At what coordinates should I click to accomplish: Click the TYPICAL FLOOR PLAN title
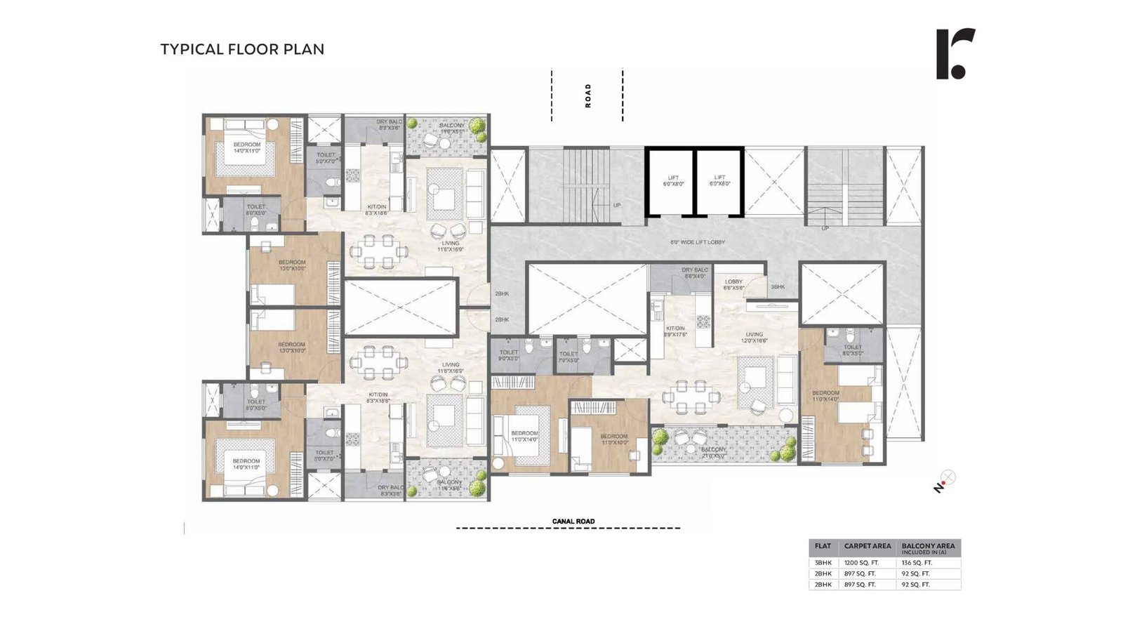tap(242, 49)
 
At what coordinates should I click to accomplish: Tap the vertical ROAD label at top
tap(588, 95)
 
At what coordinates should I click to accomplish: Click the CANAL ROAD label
tap(573, 521)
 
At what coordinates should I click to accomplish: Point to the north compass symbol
tap(945, 481)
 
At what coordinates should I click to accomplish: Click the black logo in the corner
tap(955, 54)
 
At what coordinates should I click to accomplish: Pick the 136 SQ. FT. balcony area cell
tap(917, 563)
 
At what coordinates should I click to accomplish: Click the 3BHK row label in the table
tap(823, 563)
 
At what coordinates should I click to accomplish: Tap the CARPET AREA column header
tap(868, 546)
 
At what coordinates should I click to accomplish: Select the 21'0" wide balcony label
tap(713, 453)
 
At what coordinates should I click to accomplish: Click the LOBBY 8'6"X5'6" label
tap(733, 284)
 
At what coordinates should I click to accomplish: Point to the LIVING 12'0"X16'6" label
tap(755, 338)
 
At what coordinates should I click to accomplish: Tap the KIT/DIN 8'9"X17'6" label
tap(675, 331)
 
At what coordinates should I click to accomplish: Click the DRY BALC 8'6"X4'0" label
tap(694, 272)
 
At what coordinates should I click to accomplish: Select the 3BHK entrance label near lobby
tap(778, 287)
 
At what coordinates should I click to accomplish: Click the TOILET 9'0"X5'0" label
tap(509, 355)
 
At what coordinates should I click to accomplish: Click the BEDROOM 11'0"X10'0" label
tap(614, 439)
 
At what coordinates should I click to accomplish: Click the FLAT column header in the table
tap(823, 546)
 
